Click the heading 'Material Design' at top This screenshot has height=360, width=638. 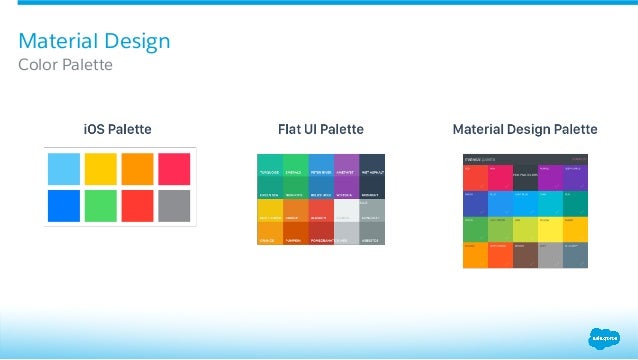95,41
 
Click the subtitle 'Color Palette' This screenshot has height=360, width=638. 66,65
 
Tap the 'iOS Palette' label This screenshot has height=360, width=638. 119,130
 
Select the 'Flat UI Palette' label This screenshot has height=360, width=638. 320,130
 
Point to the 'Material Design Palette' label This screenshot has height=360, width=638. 525,130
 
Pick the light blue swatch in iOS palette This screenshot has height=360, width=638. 65,168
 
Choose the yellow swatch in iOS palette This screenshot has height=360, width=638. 101,168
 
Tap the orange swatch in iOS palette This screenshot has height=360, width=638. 138,168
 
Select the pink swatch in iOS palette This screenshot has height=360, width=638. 174,168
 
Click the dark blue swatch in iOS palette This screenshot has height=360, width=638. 65,206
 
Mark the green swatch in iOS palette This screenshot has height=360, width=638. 101,206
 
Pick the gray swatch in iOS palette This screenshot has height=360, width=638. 174,206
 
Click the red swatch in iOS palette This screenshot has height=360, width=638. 138,206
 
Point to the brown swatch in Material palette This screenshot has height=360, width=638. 525,254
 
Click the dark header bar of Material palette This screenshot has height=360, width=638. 525,157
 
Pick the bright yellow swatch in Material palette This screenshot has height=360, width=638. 550,228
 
